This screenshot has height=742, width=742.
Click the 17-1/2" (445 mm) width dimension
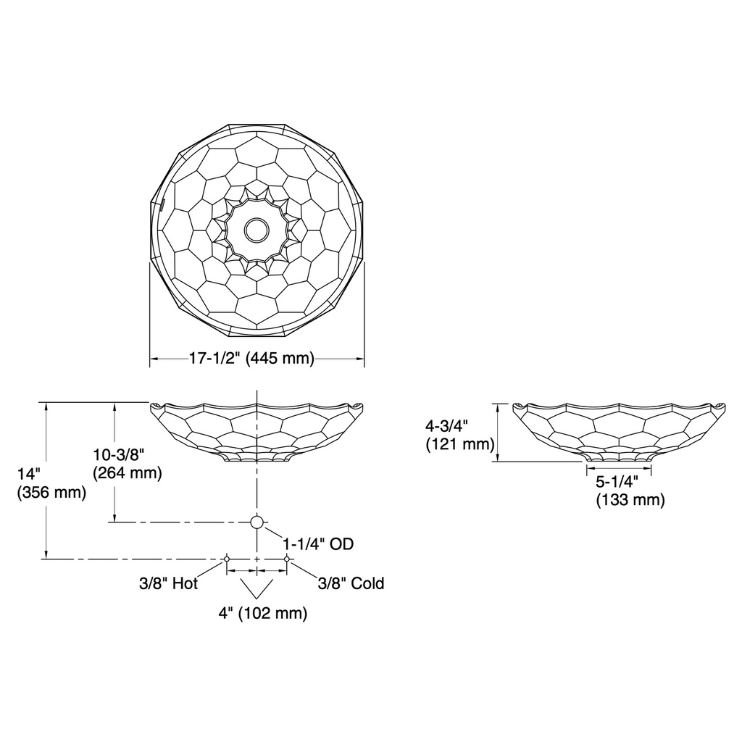click(x=251, y=358)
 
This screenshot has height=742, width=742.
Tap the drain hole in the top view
click(x=257, y=230)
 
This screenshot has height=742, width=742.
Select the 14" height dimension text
click(x=29, y=474)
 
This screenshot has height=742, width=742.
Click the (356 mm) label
click(x=51, y=493)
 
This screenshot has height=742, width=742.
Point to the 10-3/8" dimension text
click(x=118, y=455)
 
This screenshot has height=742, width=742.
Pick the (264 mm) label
click(x=128, y=473)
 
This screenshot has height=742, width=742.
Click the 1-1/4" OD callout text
click(x=318, y=543)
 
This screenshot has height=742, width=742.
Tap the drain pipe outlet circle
click(x=257, y=522)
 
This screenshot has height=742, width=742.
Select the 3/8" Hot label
click(x=168, y=583)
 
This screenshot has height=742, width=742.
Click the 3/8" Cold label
click(x=351, y=583)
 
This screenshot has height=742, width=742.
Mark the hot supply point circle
click(x=227, y=559)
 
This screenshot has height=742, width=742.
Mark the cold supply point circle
click(x=287, y=559)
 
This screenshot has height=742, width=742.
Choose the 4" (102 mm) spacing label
click(x=262, y=613)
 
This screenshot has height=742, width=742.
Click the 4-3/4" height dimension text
click(x=446, y=426)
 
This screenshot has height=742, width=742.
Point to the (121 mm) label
click(x=460, y=445)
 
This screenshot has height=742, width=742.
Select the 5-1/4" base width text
click(x=617, y=482)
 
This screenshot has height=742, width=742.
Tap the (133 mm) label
click(x=630, y=500)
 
